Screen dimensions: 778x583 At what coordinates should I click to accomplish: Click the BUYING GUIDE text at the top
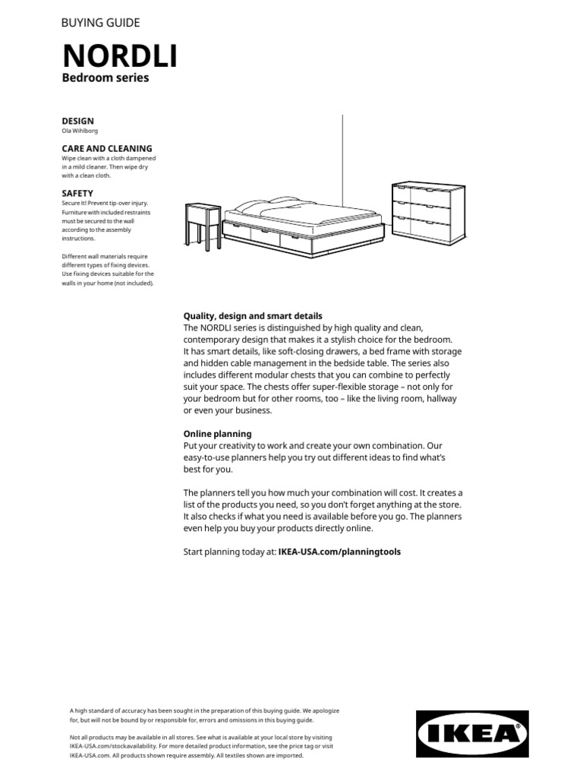(100, 23)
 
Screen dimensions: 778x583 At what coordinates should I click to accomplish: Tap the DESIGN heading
(77, 121)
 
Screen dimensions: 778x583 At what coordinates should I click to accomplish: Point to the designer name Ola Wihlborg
(80, 131)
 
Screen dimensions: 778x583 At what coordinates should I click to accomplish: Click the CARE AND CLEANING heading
(106, 148)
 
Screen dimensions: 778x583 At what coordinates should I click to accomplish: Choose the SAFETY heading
(77, 194)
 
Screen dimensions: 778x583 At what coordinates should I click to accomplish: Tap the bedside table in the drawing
(203, 223)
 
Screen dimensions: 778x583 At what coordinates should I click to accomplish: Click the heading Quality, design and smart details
(253, 315)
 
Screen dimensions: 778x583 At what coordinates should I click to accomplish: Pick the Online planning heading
(220, 433)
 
